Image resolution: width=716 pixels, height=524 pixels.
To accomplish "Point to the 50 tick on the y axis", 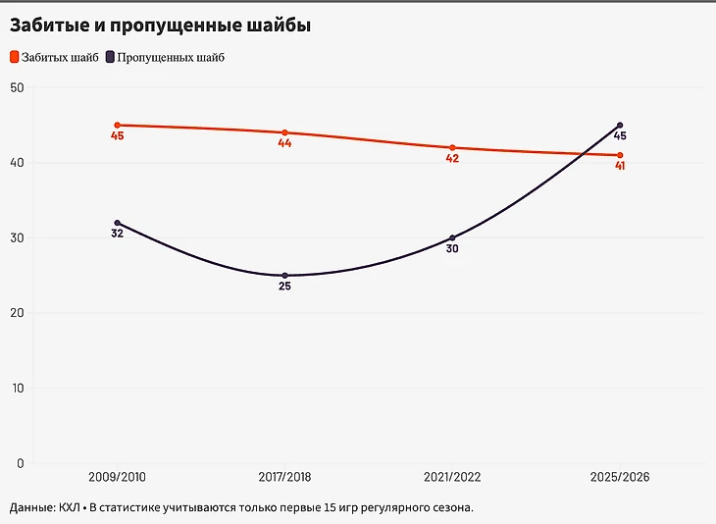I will click(16, 87).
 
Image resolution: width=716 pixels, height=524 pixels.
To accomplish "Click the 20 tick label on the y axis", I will click(16, 313).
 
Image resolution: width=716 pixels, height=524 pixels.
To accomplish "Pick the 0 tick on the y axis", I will click(20, 463).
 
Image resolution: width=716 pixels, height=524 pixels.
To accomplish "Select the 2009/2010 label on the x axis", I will click(117, 477).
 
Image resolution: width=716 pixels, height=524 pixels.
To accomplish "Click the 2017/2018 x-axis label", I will click(284, 477).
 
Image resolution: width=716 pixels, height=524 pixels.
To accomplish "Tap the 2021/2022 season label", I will click(452, 477).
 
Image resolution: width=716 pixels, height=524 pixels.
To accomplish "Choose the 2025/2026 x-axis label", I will click(620, 477).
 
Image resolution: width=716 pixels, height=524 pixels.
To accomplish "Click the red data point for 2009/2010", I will click(117, 125).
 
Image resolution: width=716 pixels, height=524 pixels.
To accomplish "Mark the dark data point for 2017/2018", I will click(284, 276).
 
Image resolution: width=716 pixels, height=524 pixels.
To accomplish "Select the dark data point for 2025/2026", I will click(620, 125).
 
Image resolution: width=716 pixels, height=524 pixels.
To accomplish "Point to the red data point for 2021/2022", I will click(452, 147).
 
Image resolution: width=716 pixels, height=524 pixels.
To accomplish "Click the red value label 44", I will click(284, 143).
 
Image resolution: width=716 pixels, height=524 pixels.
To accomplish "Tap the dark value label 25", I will click(284, 288).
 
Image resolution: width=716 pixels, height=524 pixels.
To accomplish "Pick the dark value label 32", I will click(117, 235).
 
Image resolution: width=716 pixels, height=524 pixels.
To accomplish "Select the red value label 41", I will click(620, 166).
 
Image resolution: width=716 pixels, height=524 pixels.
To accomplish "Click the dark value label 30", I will click(452, 249).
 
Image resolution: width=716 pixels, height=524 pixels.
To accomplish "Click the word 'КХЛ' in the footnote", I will click(69, 508).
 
